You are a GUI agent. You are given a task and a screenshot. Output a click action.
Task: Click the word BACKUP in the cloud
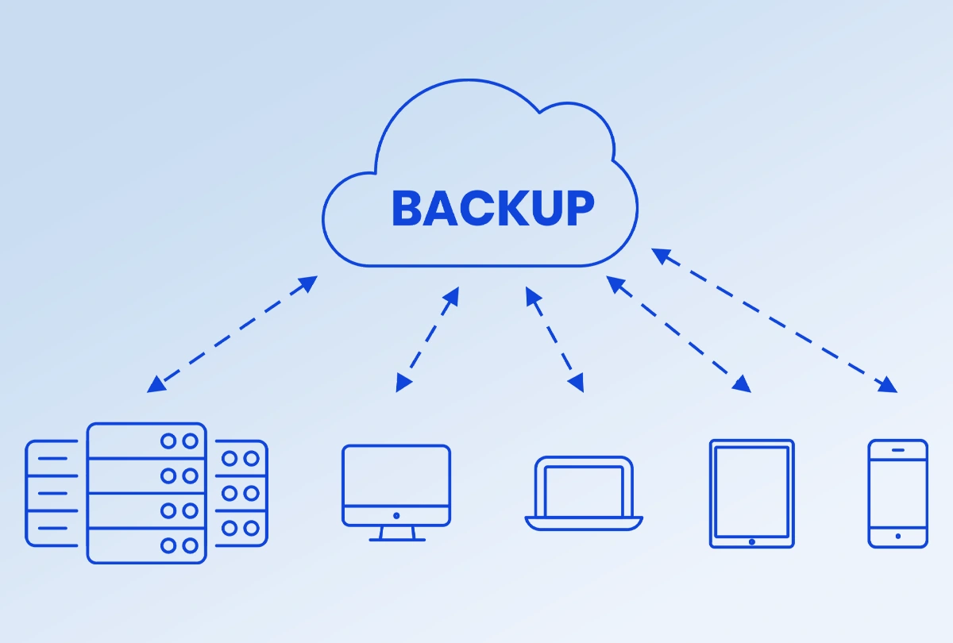click(x=492, y=209)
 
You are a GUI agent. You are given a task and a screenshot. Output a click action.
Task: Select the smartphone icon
click(x=897, y=493)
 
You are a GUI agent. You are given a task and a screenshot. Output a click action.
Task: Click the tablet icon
click(x=751, y=493)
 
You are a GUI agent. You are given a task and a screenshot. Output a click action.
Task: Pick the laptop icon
click(x=584, y=493)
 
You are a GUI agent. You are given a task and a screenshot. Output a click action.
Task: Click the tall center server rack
click(x=146, y=493)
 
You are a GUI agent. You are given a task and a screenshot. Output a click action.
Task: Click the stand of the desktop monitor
click(x=396, y=534)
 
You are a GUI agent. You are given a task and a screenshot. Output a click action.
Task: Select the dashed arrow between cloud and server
click(x=232, y=334)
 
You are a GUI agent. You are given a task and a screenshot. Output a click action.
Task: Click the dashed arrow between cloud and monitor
click(x=427, y=340)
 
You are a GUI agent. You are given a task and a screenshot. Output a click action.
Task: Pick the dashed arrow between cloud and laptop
click(x=554, y=340)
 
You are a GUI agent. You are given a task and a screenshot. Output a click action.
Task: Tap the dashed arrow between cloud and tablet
click(x=679, y=334)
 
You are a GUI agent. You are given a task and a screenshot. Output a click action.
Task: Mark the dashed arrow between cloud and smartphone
click(x=774, y=321)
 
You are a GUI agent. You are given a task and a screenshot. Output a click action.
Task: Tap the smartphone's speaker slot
click(x=897, y=450)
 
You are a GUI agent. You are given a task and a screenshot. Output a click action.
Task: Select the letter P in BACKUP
click(x=579, y=209)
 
